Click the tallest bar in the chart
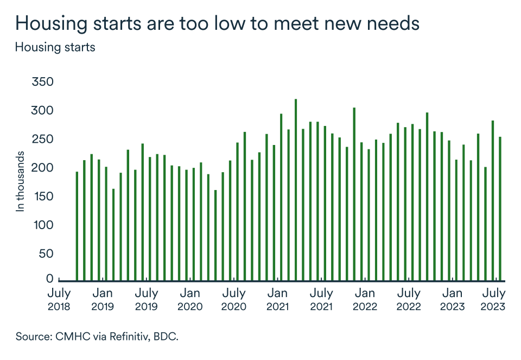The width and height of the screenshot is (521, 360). point(296,190)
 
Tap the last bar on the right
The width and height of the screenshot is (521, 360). point(500,209)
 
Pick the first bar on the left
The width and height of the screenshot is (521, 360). point(77,226)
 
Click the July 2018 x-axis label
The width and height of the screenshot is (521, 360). point(59,299)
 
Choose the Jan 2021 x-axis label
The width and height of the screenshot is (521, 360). point(277,299)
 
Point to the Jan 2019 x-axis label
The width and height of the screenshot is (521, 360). point(102,299)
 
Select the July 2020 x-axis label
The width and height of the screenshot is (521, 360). point(234,299)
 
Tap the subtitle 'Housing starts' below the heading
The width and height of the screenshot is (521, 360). point(55,47)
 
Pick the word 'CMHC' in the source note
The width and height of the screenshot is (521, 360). point(71,337)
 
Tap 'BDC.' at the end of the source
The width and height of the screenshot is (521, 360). point(165,337)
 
